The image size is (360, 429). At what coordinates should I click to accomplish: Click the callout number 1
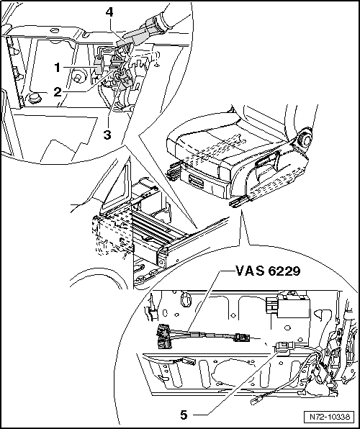(x=57, y=68)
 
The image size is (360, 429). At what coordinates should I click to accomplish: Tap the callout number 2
(x=58, y=91)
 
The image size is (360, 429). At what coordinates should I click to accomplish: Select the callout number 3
(x=107, y=135)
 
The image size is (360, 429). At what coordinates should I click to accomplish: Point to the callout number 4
(x=109, y=12)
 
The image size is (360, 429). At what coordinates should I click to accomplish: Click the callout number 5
(x=184, y=415)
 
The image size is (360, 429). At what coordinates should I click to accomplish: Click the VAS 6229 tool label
(x=268, y=271)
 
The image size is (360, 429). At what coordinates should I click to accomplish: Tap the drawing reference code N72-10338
(x=330, y=417)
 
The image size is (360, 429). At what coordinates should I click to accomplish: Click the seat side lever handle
(x=267, y=163)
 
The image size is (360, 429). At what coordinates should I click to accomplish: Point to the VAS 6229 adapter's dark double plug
(x=164, y=336)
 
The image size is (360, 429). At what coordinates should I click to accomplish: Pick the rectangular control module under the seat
(x=292, y=306)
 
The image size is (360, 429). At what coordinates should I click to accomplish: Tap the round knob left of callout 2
(x=35, y=98)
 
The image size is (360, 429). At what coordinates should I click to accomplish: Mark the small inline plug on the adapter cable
(x=242, y=338)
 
